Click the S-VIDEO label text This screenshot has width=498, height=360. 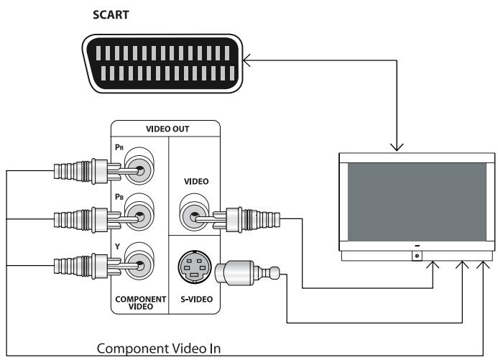tap(196, 299)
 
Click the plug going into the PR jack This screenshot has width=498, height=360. tap(79, 172)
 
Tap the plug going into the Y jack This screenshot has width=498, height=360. tap(79, 265)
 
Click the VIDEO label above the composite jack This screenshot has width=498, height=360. tap(196, 182)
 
